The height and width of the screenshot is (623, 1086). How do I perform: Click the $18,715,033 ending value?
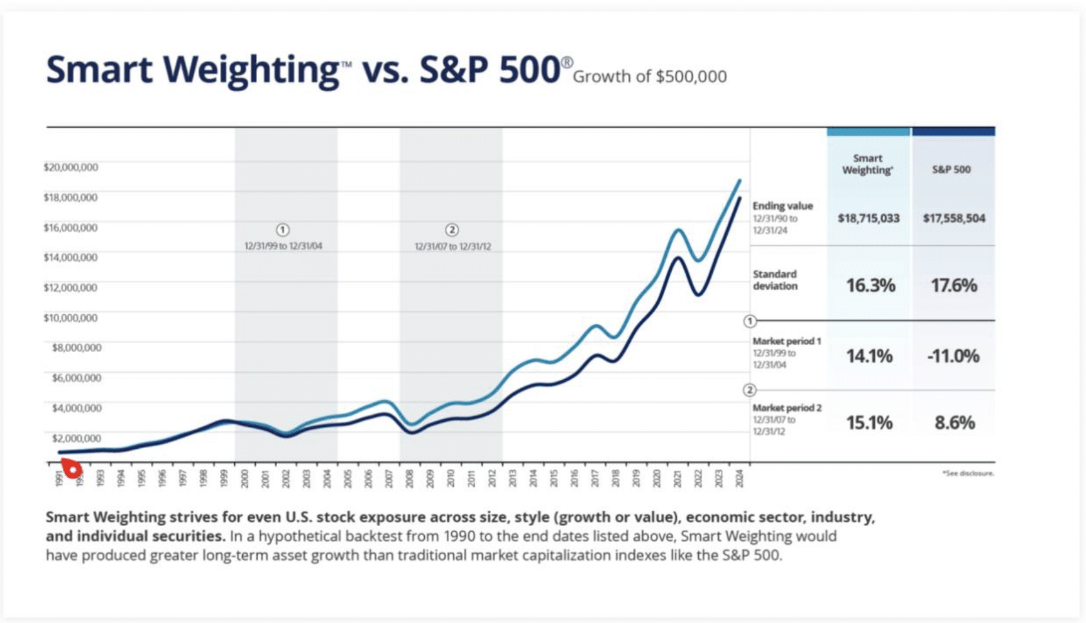869,218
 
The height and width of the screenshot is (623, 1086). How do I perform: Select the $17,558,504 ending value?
953,218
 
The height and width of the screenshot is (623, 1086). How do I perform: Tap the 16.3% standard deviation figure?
870,285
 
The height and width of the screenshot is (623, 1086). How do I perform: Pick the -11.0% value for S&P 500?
953,356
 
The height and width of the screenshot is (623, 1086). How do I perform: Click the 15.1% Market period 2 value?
869,422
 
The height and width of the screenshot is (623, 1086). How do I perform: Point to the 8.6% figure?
954,422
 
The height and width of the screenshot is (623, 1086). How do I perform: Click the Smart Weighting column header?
867,164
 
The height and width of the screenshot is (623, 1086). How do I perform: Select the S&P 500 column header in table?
951,170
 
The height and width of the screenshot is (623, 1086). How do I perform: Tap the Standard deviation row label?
775,280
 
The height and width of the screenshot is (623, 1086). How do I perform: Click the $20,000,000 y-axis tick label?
70,167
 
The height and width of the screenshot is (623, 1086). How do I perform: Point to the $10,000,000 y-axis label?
70,317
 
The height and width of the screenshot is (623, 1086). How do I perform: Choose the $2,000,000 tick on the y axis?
76,438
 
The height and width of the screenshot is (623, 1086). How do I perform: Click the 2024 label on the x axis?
739,478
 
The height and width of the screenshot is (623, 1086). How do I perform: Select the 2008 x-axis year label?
409,478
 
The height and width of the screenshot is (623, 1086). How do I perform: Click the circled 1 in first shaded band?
283,229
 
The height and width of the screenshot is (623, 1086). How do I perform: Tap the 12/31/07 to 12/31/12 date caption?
452,246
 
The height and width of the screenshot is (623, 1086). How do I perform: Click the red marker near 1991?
72,468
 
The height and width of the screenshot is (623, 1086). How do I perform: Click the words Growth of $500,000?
649,77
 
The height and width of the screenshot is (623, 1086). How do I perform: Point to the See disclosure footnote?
968,473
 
